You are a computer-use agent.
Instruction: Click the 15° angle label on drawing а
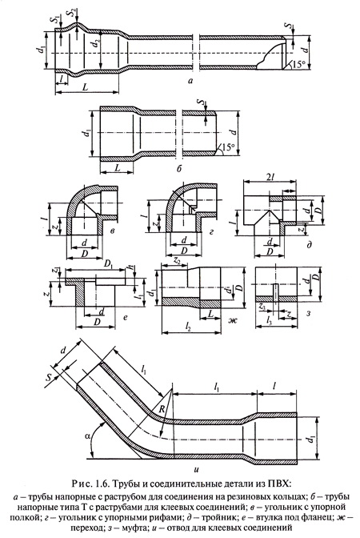tap(298, 64)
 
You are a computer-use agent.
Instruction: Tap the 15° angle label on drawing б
tap(228, 147)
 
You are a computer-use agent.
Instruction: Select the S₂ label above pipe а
tap(71, 12)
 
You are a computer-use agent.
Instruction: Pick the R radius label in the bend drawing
tap(162, 408)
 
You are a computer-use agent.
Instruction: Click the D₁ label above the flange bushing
tap(109, 264)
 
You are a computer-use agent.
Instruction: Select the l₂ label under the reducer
tap(187, 327)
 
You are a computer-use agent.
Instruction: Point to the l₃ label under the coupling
tap(270, 321)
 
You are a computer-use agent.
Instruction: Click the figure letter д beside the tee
tap(310, 245)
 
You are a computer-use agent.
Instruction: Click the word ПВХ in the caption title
tap(280, 484)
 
